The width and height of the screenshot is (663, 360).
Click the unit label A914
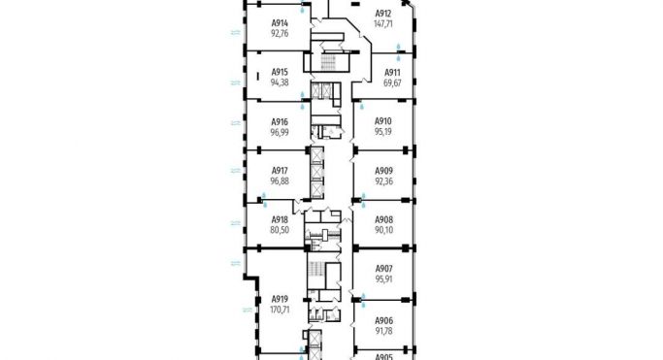(x=280, y=23)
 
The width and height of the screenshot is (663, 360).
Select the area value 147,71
(x=383, y=23)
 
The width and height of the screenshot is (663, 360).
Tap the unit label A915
(x=280, y=73)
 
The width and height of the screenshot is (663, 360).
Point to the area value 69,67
(x=392, y=83)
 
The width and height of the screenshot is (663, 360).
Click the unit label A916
(x=280, y=121)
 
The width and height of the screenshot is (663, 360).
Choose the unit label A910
(x=383, y=121)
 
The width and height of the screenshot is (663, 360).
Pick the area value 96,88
(x=280, y=180)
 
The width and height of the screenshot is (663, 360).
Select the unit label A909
(x=383, y=171)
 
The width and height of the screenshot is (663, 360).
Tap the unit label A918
(x=280, y=220)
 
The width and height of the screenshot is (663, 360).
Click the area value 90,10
(x=383, y=230)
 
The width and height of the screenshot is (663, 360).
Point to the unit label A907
(x=383, y=270)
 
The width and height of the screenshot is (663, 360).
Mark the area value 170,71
(x=280, y=310)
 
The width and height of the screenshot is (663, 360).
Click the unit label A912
(x=383, y=14)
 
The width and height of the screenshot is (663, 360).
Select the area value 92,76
(x=280, y=33)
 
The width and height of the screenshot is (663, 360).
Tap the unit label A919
(x=280, y=299)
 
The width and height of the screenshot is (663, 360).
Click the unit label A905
(x=383, y=356)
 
